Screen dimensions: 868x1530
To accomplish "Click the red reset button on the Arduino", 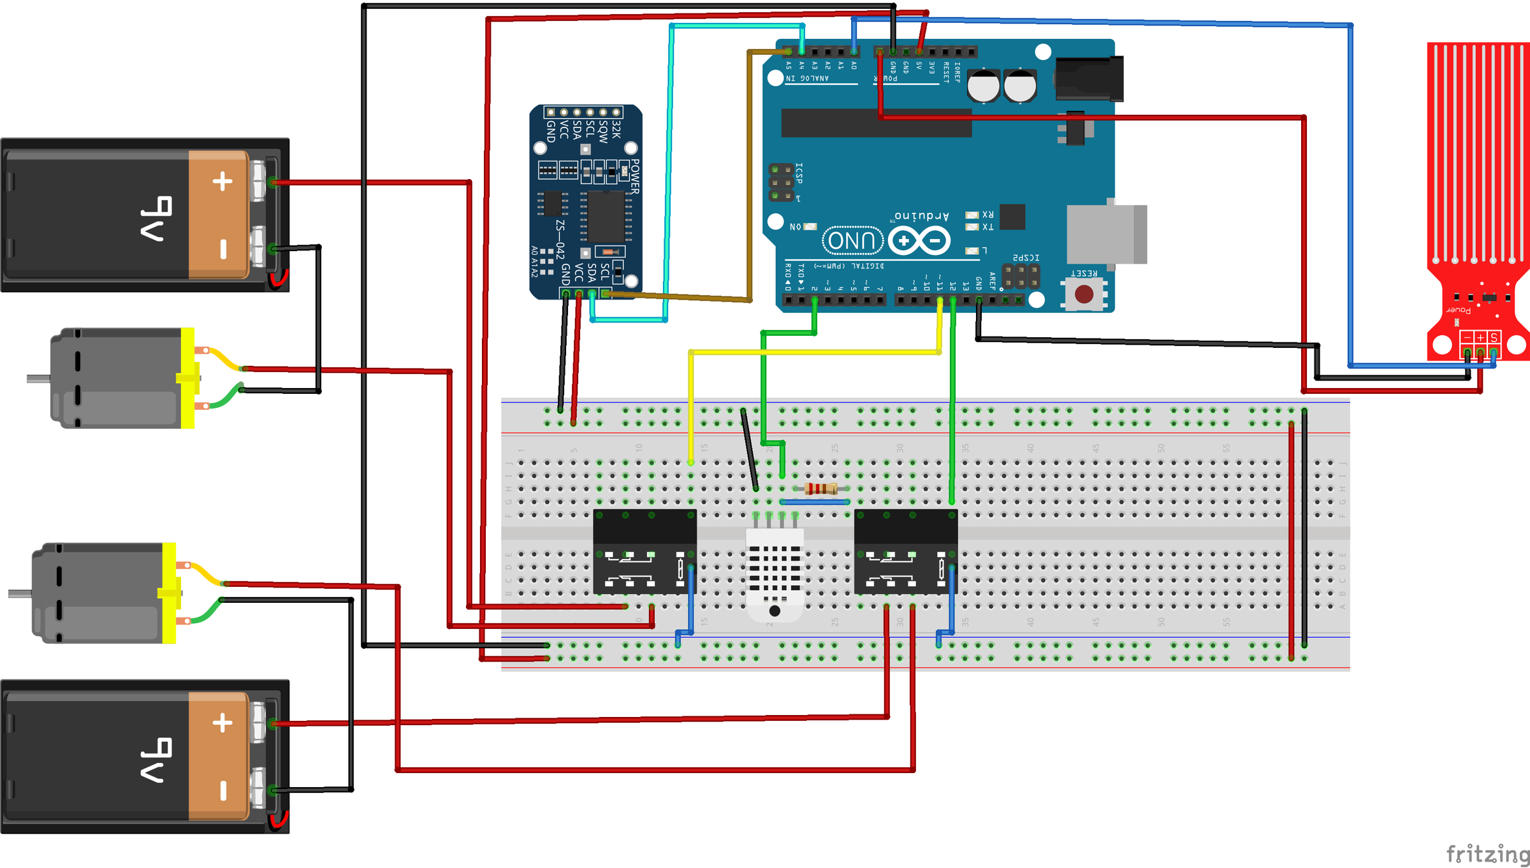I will tap(1084, 294).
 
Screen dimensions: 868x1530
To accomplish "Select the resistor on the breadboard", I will tap(820, 489).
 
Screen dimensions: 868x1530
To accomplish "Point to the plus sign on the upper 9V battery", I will tap(222, 182).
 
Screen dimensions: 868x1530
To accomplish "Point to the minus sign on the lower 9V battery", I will tap(223, 791).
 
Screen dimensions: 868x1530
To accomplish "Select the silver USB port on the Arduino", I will tap(1106, 234).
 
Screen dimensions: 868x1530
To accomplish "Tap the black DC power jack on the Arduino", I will tap(1089, 78).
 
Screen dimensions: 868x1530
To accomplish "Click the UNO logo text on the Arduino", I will tap(852, 241).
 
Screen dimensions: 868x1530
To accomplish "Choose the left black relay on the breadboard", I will tap(645, 552).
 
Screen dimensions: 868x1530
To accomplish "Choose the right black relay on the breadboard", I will tap(905, 552).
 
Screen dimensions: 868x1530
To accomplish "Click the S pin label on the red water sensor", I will tap(1494, 337).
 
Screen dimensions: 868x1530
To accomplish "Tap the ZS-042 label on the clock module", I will tap(560, 240).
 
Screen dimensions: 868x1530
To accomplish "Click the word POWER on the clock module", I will tap(634, 177).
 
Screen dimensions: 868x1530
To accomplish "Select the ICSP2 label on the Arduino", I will tap(1026, 257).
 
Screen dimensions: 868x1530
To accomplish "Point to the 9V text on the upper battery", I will tap(156, 219).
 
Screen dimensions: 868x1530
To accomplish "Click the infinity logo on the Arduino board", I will tap(919, 241).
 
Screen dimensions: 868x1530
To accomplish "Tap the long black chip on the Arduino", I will tap(877, 123).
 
